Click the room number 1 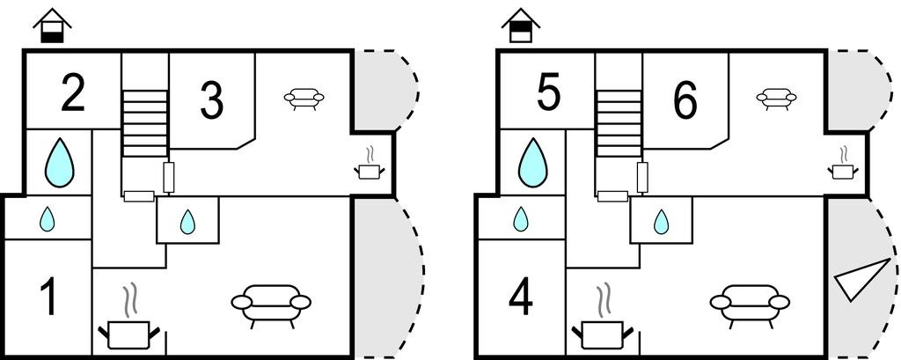tap(49, 297)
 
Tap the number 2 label tap(73, 94)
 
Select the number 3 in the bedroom tap(211, 100)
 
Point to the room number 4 tap(521, 297)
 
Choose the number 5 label tap(547, 94)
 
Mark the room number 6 tap(685, 100)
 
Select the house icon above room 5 tap(523, 26)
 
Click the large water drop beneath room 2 tap(60, 163)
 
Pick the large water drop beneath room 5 tap(532, 163)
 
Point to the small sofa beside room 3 tap(304, 98)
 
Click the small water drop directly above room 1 tap(48, 218)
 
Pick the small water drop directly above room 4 tap(521, 218)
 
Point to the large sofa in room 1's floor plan tap(271, 302)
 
